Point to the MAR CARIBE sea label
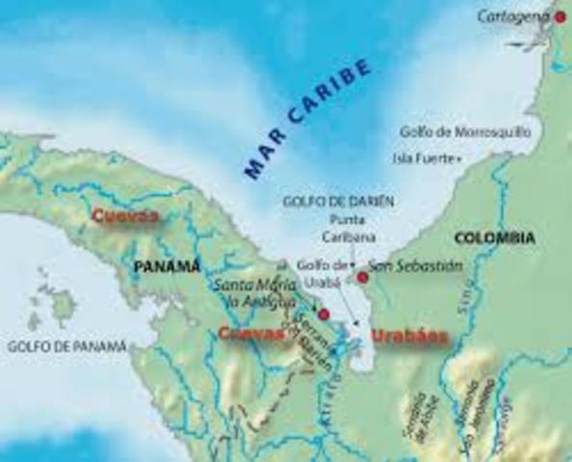coord(306,118)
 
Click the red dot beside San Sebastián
coord(362,277)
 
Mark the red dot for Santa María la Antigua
coord(324,314)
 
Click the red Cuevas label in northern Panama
coord(125,216)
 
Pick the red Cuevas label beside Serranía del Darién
coord(252,333)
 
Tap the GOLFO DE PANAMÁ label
coord(66,345)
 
